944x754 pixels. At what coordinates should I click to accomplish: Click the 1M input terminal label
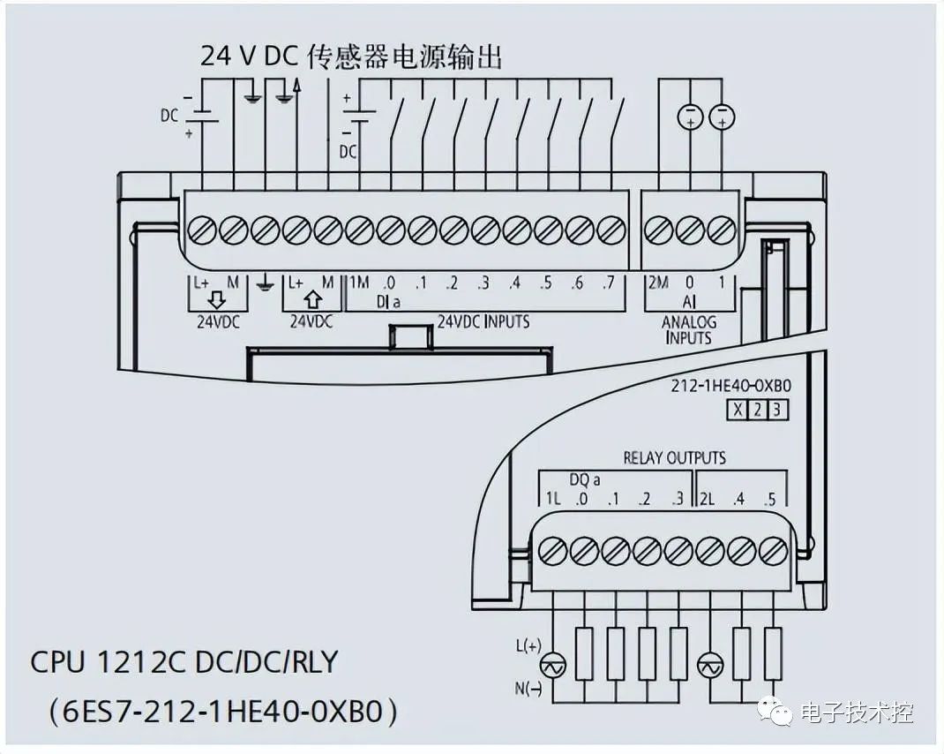pos(358,283)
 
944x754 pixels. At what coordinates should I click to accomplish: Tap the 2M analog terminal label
pos(657,283)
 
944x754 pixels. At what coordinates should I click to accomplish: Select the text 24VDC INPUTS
pos(483,321)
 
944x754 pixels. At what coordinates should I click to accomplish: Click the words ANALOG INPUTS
pos(688,329)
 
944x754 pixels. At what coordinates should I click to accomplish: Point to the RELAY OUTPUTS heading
pos(674,457)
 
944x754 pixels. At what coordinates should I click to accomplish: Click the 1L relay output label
pos(552,499)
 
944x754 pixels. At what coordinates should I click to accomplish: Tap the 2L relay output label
pos(707,499)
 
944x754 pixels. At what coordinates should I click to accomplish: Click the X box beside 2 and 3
pos(736,410)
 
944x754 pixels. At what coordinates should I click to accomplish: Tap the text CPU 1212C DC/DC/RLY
pos(184,661)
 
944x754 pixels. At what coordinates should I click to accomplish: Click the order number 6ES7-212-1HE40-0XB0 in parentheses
pos(217,710)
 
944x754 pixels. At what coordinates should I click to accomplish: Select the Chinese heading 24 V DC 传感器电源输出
pos(351,57)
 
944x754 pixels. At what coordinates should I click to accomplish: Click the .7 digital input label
pos(609,283)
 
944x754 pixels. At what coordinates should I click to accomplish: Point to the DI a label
pos(389,302)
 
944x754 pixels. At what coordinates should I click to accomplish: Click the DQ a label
pos(584,480)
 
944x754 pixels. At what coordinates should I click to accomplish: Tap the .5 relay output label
pos(770,499)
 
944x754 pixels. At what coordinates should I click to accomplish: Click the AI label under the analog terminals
pos(689,302)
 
